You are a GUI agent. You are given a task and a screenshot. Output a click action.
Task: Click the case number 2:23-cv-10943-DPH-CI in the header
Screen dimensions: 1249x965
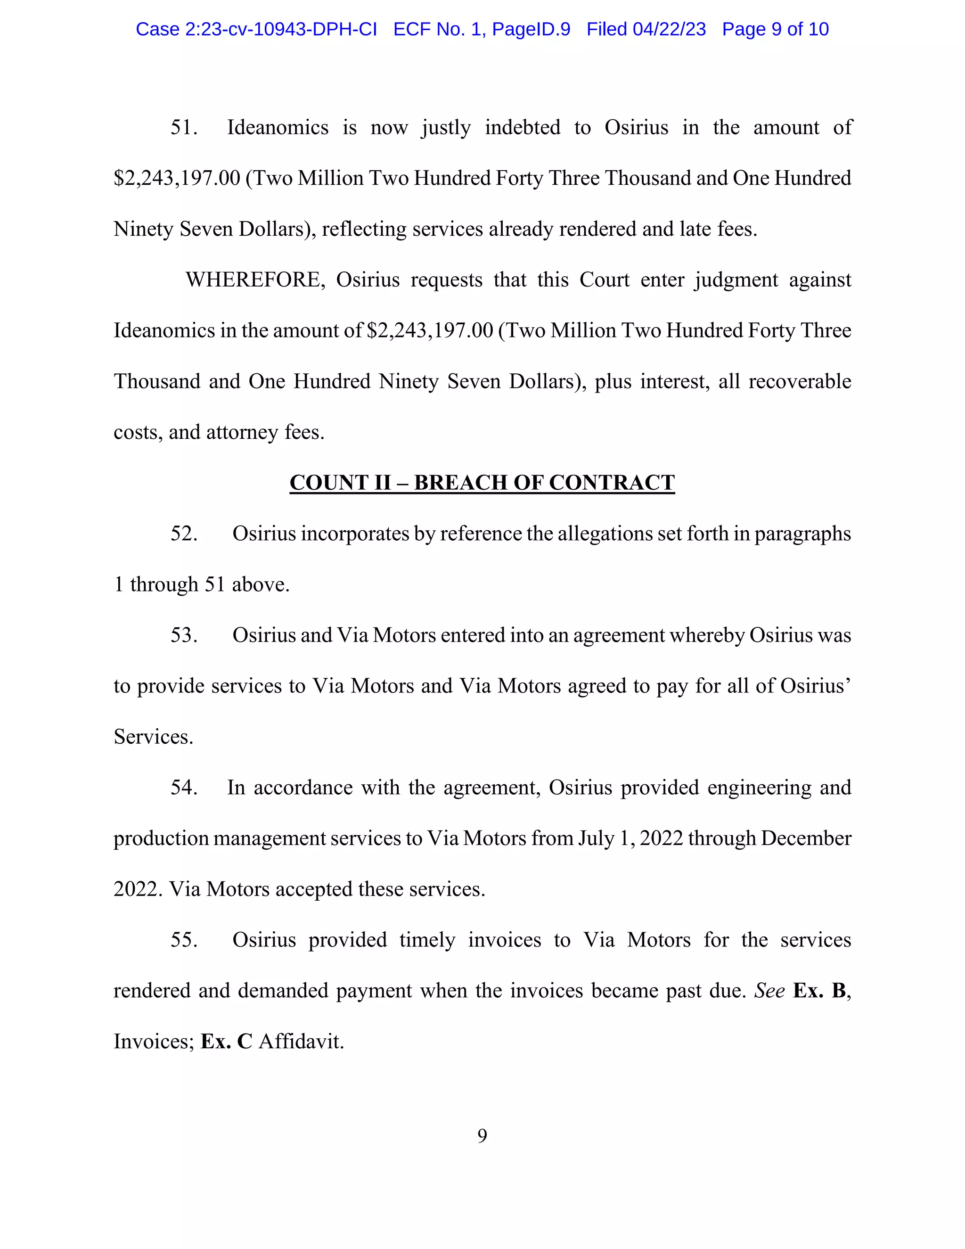click(281, 29)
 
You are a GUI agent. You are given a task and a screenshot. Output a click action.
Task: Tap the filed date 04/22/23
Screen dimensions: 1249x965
click(669, 29)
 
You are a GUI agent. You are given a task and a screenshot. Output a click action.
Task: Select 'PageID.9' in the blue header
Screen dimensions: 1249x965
click(531, 29)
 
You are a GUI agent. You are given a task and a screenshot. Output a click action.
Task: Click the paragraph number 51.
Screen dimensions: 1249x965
click(183, 128)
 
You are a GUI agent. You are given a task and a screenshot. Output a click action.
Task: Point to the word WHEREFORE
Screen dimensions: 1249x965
click(255, 280)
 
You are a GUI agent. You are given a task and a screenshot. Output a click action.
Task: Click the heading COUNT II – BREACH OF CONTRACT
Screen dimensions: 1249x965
click(482, 483)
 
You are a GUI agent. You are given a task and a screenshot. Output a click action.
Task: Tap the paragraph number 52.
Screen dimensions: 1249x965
click(183, 534)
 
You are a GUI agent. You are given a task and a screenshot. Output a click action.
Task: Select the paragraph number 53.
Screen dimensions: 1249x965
click(183, 635)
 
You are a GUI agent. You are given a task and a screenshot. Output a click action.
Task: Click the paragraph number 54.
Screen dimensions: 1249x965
click(183, 788)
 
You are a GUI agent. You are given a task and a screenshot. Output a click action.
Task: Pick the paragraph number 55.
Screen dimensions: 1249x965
click(183, 940)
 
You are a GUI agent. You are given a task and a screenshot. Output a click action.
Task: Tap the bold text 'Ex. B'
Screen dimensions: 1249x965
click(819, 991)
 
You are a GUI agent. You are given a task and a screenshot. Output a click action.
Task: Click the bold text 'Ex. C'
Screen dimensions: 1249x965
click(226, 1042)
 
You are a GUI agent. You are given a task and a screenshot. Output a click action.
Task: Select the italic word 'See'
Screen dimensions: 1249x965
click(769, 991)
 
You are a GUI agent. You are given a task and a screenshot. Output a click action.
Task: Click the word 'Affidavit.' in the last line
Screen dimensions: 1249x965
click(301, 1042)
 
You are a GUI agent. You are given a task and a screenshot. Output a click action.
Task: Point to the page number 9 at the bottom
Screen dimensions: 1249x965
click(482, 1136)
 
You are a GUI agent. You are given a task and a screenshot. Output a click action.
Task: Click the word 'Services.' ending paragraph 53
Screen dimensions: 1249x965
click(153, 737)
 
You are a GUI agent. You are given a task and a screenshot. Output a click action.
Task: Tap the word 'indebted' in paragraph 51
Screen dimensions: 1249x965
click(523, 128)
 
